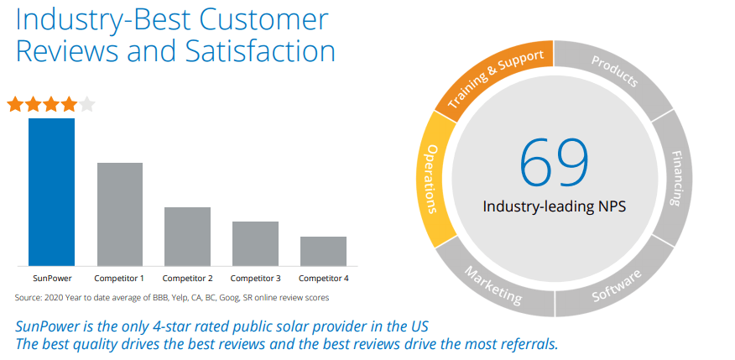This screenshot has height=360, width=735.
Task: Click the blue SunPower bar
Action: [51, 191]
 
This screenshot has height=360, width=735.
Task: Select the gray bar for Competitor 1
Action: [119, 214]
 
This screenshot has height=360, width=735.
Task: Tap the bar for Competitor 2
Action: [187, 236]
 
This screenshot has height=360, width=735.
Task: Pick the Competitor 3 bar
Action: [255, 243]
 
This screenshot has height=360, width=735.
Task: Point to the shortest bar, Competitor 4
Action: [323, 251]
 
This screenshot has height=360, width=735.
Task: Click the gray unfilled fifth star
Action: [87, 105]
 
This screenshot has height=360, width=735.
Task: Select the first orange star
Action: [15, 105]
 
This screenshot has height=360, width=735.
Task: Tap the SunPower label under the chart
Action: [51, 278]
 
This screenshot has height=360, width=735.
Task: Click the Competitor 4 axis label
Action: [323, 278]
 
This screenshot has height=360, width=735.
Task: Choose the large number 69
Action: [554, 161]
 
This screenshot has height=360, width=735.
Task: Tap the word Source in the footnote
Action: [28, 297]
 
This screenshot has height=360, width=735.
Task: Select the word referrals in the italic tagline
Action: [527, 344]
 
